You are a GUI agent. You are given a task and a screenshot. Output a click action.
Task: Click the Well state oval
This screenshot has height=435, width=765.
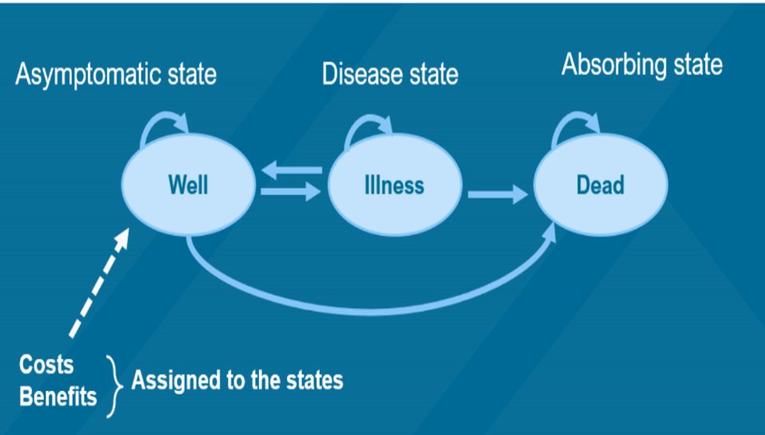click(x=188, y=186)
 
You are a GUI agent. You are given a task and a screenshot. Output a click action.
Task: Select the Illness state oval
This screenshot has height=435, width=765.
click(x=395, y=186)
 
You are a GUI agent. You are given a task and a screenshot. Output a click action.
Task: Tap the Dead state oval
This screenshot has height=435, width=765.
click(x=600, y=186)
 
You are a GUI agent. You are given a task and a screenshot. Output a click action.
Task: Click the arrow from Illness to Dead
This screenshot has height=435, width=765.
click(x=497, y=194)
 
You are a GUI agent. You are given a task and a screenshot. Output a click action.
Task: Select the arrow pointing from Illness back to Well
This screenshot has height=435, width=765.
click(x=293, y=169)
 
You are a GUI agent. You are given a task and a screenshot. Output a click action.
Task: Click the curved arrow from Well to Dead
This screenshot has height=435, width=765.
click(x=368, y=308)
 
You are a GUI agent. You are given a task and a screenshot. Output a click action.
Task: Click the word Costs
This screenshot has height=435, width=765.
click(x=46, y=365)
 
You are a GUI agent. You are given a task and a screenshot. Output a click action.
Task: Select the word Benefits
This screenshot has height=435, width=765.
click(x=58, y=397)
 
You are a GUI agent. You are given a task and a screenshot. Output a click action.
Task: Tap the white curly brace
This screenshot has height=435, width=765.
click(x=114, y=381)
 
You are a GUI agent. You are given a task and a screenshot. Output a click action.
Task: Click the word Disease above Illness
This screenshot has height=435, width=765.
click(x=357, y=74)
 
